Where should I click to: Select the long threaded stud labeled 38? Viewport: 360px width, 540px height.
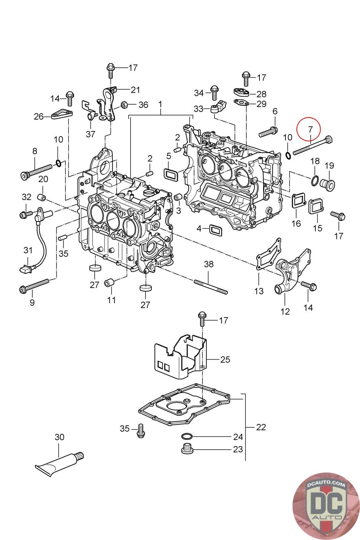[211, 286]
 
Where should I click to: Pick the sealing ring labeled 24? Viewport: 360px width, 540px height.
[186, 436]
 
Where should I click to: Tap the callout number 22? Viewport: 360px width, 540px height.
[261, 427]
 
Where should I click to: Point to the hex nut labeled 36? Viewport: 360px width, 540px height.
[124, 105]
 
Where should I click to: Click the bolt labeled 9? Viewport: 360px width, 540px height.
[34, 285]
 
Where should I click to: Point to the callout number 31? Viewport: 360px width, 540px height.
[28, 250]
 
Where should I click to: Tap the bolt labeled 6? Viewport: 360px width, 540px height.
[268, 132]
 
